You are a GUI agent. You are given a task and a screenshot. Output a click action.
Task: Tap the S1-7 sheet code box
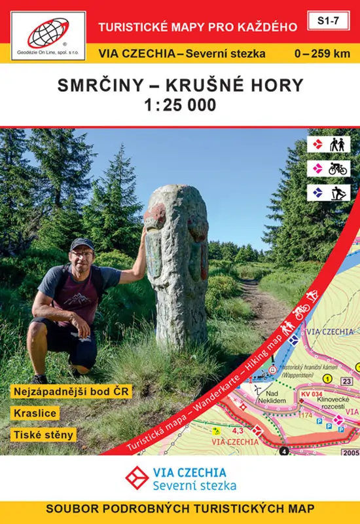(330, 21)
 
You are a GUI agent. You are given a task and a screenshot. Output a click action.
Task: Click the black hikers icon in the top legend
(338, 144)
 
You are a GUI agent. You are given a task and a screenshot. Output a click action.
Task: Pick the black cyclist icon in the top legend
(338, 168)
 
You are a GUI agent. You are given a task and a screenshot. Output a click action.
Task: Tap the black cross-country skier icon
(338, 193)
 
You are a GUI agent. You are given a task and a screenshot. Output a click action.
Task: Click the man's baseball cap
(82, 244)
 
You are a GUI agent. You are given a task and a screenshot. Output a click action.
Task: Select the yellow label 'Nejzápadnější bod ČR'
(71, 392)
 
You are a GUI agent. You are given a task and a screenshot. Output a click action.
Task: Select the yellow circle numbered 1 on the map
(327, 378)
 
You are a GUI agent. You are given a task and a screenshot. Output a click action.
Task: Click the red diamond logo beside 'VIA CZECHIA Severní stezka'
(135, 478)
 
